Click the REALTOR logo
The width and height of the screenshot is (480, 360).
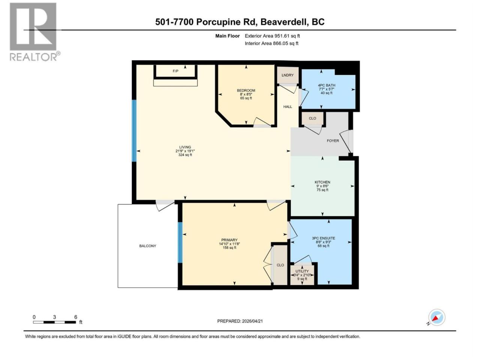coord(34,32)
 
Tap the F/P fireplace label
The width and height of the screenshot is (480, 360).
coord(175,71)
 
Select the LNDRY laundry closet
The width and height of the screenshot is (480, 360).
coord(288,75)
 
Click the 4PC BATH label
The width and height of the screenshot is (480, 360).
coord(326,85)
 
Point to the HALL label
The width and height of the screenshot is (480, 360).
coord(288,106)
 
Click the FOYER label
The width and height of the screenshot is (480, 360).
coord(333,141)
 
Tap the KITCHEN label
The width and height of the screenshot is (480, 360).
coord(322,182)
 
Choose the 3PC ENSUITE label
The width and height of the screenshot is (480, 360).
coord(323,238)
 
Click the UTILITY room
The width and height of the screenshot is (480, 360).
coord(302,275)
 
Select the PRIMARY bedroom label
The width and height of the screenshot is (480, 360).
coord(229,240)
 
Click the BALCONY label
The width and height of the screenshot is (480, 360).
coord(148,246)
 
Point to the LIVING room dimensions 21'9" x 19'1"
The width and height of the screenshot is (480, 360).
coord(185,151)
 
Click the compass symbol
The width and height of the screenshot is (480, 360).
coord(436,317)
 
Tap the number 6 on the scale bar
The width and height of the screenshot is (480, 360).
coord(76,317)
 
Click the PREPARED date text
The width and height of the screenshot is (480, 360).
coord(240,321)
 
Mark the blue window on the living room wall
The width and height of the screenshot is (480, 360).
coord(134,131)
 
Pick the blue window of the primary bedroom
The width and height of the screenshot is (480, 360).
coord(180,242)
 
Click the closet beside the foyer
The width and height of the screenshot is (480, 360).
coord(312,118)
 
